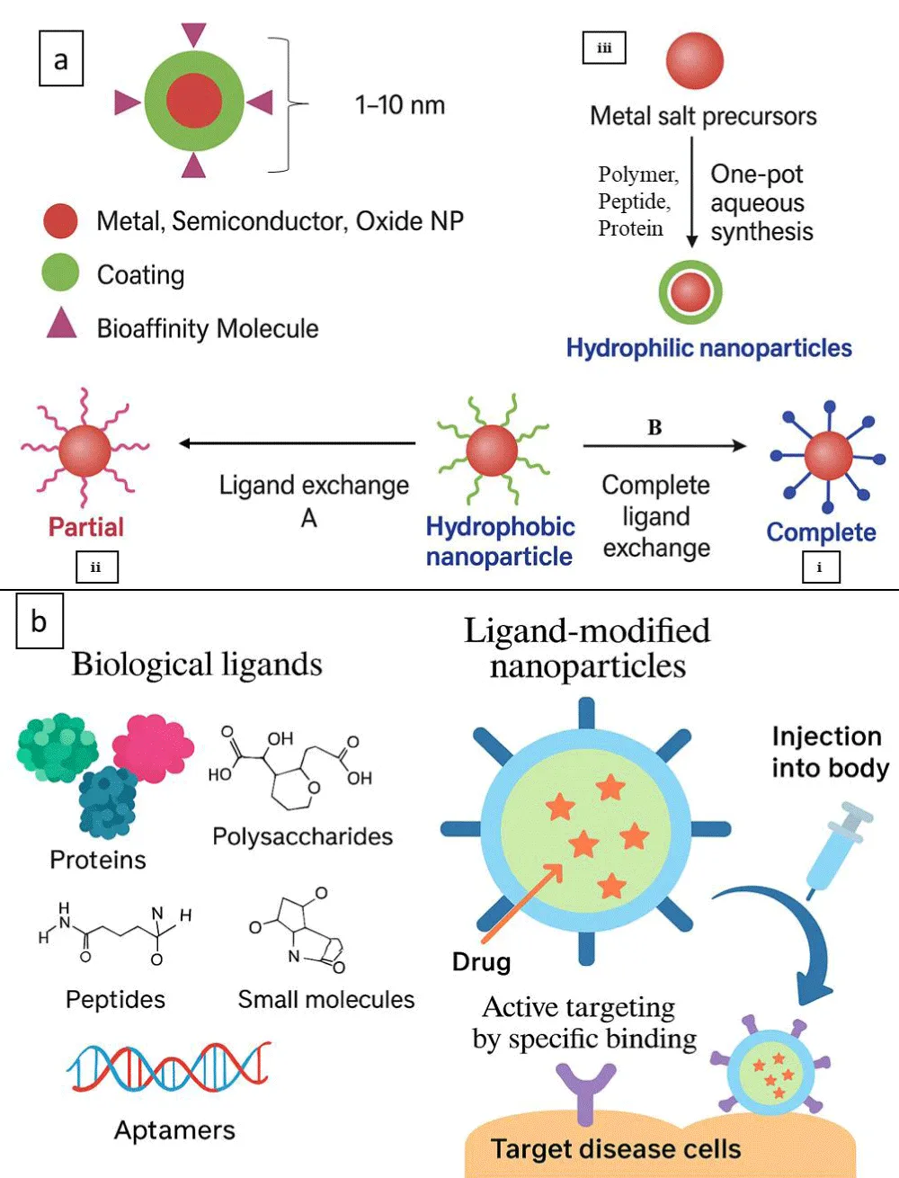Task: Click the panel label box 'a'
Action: [61, 59]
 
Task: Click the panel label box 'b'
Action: [40, 621]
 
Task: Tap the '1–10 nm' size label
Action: [400, 105]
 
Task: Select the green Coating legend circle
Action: [60, 272]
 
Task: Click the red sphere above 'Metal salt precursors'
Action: [694, 60]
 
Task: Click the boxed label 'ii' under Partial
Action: [96, 567]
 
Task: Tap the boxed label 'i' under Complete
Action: [820, 567]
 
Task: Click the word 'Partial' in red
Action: [86, 527]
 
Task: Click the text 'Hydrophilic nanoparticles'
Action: [708, 348]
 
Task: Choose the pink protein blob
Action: [152, 746]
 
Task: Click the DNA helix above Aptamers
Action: [169, 1066]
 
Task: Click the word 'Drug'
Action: [481, 962]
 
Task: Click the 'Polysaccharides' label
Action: [302, 836]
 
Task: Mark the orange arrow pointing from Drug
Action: [527, 899]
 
